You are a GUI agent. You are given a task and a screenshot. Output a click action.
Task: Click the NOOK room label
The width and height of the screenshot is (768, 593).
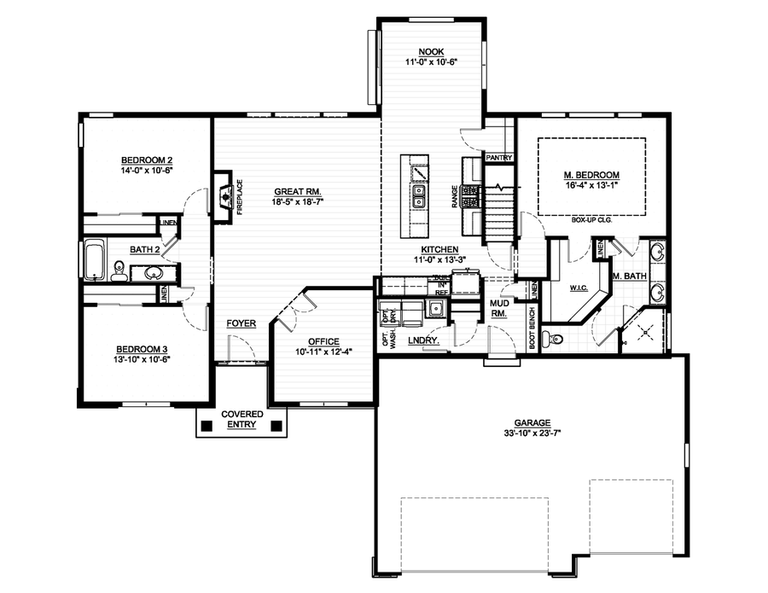click(x=431, y=52)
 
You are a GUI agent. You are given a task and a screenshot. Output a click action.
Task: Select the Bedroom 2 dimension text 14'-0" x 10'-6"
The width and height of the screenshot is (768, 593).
click(x=147, y=171)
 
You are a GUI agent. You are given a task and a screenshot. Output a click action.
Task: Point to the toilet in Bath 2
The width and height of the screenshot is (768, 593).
click(x=119, y=272)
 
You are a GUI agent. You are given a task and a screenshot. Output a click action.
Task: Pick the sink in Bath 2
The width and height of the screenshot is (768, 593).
click(x=154, y=273)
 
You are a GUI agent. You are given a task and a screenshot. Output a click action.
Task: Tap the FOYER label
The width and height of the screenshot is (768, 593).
click(x=241, y=324)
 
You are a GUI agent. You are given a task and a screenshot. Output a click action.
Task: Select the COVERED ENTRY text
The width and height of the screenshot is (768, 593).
click(x=241, y=419)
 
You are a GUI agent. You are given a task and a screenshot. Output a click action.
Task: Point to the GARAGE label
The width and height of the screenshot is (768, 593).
click(x=532, y=421)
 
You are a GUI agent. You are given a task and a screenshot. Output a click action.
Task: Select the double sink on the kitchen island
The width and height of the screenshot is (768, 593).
click(x=419, y=201)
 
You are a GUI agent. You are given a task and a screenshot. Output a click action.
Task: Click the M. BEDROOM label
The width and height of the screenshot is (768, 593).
click(x=591, y=176)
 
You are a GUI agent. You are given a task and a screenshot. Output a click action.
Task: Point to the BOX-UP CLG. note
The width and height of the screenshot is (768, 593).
click(x=592, y=219)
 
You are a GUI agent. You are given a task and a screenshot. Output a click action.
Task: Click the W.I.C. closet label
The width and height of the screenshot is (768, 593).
click(x=581, y=289)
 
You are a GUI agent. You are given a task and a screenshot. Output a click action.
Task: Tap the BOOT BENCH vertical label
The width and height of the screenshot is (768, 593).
click(x=532, y=328)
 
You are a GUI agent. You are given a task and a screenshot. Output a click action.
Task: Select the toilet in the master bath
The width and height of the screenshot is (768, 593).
click(x=556, y=338)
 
